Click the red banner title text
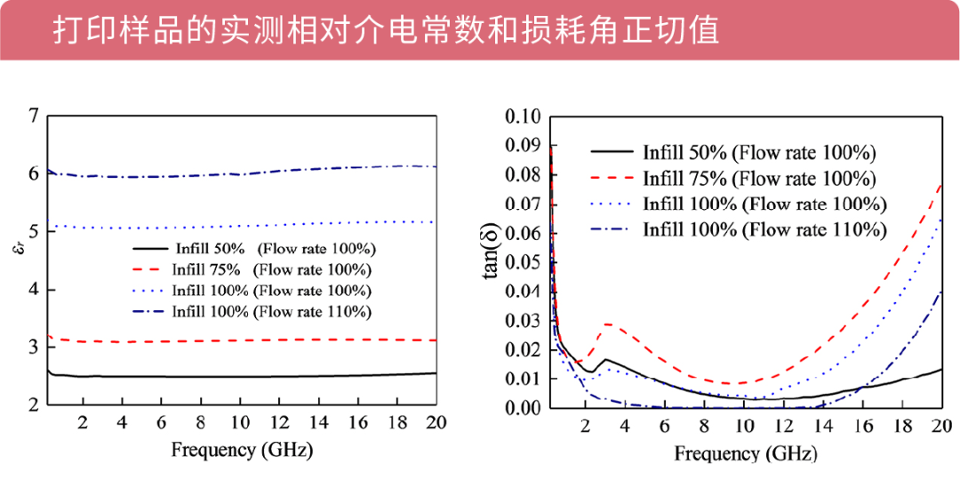[384, 29]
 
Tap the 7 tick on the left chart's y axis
[33, 116]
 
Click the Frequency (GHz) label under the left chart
[242, 450]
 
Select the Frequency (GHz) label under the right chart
[745, 453]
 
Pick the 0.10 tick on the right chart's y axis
[523, 117]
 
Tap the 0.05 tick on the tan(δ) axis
[523, 263]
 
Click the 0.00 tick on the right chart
[523, 408]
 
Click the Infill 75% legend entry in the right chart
[759, 178]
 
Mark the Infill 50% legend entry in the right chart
[759, 152]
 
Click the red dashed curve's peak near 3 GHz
[608, 324]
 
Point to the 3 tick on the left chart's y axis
[33, 348]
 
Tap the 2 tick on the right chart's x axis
[584, 426]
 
